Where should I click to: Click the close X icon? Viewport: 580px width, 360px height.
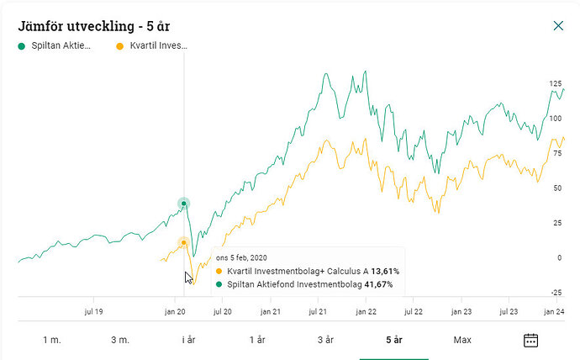point(558,26)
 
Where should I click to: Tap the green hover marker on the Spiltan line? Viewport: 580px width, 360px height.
point(184,204)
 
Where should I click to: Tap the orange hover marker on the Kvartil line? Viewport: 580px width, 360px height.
point(184,242)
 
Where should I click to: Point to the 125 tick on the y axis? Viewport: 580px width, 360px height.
point(555,84)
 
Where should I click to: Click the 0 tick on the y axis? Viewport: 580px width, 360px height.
point(559,258)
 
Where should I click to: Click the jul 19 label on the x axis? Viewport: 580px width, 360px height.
point(93,311)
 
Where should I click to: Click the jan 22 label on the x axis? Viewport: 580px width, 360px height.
point(366,311)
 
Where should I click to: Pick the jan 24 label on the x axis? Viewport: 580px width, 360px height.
point(554,311)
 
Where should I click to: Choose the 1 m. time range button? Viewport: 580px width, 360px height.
point(53,340)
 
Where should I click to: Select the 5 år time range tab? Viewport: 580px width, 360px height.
point(394,340)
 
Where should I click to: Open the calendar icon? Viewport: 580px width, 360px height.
point(530,340)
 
